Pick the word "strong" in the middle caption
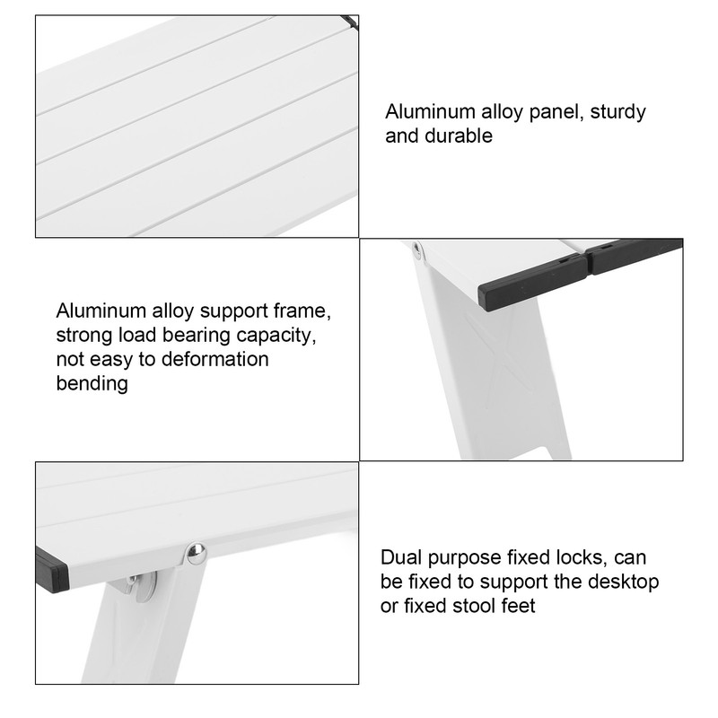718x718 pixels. tap(85, 337)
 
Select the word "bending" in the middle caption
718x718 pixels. tap(92, 384)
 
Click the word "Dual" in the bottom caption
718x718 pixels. tap(400, 558)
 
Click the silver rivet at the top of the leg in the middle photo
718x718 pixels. tap(417, 248)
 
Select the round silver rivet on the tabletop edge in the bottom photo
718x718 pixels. tap(197, 553)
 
